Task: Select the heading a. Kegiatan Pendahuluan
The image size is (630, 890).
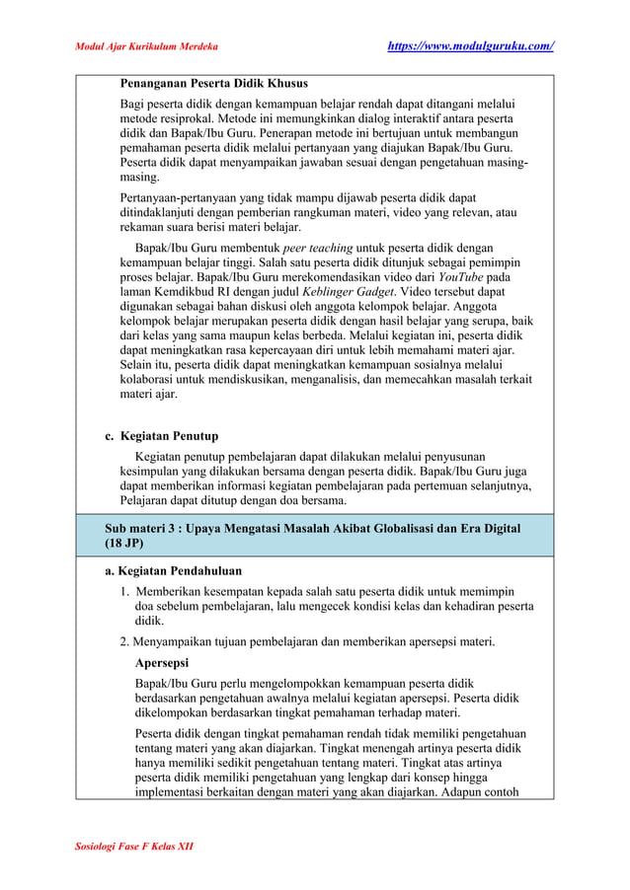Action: point(173,570)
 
